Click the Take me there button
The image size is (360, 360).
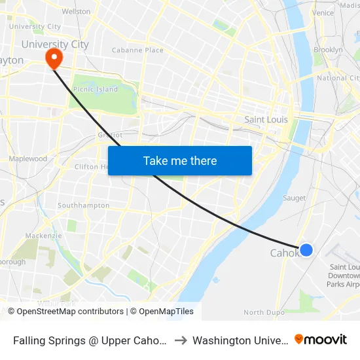(x=180, y=160)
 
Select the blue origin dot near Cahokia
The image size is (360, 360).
(x=306, y=249)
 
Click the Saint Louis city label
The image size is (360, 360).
(x=266, y=120)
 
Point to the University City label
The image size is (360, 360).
(x=55, y=45)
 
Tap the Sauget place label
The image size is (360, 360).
(x=294, y=198)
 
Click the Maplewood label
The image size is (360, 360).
(x=27, y=158)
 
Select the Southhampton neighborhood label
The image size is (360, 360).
(x=83, y=206)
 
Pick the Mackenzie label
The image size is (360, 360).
(x=43, y=236)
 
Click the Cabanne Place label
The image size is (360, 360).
(x=137, y=50)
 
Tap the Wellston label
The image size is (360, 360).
(x=76, y=12)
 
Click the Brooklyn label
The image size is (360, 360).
(x=328, y=50)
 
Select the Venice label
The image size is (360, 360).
(x=323, y=13)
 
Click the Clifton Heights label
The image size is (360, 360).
(x=90, y=167)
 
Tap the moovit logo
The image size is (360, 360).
(x=321, y=339)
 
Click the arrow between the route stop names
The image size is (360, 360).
(x=180, y=340)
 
